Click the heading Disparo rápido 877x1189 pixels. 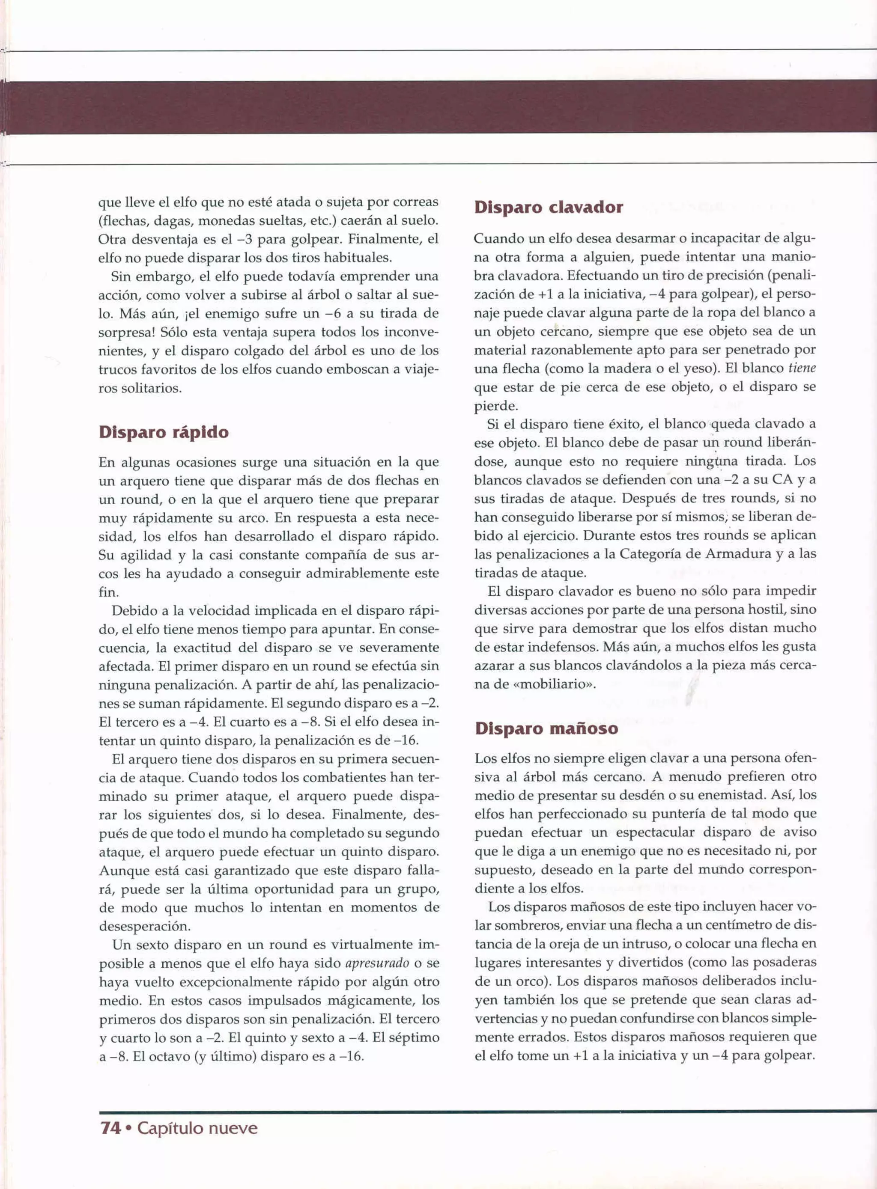pyautogui.click(x=164, y=432)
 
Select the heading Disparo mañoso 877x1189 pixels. pyautogui.click(x=546, y=728)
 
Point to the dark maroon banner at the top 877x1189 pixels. pyautogui.click(x=438, y=107)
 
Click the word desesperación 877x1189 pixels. pyautogui.click(x=144, y=926)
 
